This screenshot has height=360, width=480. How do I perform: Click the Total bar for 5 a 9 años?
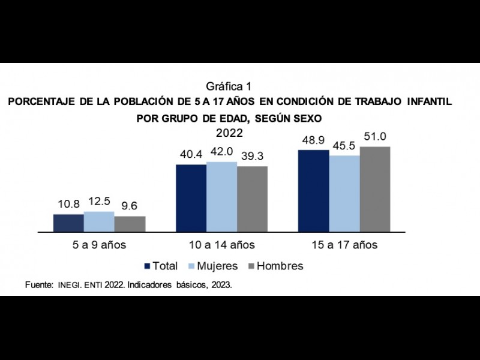[x=68, y=223]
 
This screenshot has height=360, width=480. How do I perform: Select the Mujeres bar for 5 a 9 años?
[x=99, y=221]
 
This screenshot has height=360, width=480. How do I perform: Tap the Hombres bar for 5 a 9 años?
[x=130, y=224]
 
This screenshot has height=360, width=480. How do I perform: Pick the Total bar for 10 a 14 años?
[x=191, y=198]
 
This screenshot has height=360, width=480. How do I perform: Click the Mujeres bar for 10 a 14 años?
[x=221, y=197]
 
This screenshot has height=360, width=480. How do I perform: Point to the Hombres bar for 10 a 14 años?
[x=252, y=199]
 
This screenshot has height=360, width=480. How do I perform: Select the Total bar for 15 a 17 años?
[x=313, y=191]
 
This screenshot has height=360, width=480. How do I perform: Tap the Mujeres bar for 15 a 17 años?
[x=344, y=194]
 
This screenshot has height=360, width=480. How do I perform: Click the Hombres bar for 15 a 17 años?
[x=375, y=189]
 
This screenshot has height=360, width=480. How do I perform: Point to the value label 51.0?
[x=375, y=137]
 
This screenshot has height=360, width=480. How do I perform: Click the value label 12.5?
[x=99, y=203]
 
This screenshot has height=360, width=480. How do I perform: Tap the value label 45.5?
[x=344, y=146]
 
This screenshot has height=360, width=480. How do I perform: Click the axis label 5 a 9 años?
[x=100, y=245]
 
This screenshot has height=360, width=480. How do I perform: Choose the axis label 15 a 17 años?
[x=344, y=245]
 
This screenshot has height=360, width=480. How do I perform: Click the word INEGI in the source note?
[x=70, y=286]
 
